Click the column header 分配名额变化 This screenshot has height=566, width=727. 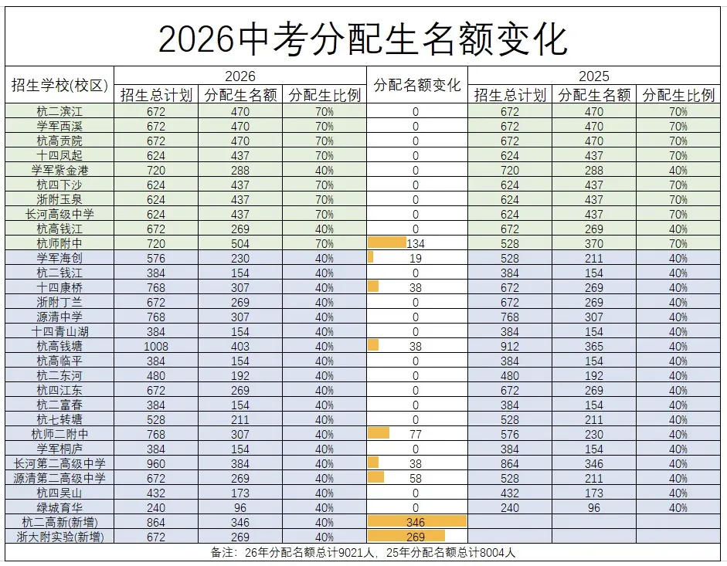(416, 85)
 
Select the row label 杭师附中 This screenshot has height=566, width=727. (59, 243)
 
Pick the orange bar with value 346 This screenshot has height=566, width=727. (416, 522)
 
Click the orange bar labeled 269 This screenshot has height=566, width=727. (406, 537)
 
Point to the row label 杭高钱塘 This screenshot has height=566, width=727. (59, 346)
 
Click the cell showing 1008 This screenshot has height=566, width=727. (156, 346)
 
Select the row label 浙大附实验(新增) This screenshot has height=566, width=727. (59, 537)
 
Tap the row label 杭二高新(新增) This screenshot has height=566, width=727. (59, 522)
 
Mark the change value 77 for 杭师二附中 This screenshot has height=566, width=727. (416, 434)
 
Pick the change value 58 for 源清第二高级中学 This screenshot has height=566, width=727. (416, 478)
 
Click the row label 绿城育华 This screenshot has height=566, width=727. (59, 507)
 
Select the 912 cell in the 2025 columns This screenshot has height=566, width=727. (510, 346)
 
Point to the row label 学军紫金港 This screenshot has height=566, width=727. (59, 170)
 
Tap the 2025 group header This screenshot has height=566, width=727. (593, 76)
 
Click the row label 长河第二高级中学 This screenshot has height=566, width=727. (59, 463)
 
